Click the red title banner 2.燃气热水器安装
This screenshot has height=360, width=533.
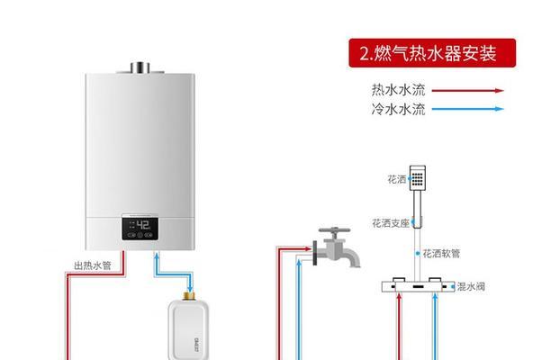click(x=432, y=53)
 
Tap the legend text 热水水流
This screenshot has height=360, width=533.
click(x=398, y=90)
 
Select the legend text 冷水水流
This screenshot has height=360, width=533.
click(x=398, y=109)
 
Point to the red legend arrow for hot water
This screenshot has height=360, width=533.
click(x=468, y=91)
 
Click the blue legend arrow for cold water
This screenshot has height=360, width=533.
click(x=468, y=109)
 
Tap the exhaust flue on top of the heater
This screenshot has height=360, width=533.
click(x=140, y=67)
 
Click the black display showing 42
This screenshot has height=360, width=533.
click(x=140, y=228)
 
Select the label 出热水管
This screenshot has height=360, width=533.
click(x=93, y=265)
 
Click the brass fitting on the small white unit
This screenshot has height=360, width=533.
click(x=188, y=296)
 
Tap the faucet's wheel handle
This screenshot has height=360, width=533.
click(x=335, y=230)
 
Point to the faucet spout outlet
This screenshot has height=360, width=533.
click(x=355, y=264)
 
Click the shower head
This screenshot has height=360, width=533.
click(x=418, y=178)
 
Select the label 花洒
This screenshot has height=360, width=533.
click(x=397, y=179)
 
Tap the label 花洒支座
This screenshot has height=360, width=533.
click(x=390, y=223)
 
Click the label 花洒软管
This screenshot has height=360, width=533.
click(x=441, y=254)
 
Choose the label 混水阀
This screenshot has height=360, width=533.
click(x=471, y=286)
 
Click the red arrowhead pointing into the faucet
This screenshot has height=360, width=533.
click(x=307, y=249)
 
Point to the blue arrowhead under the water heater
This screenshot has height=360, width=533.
click(x=157, y=256)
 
